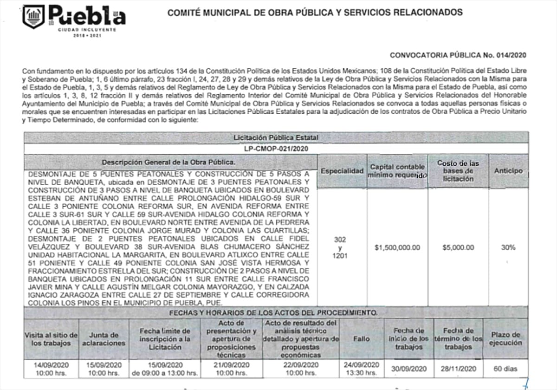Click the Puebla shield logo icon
click(x=34, y=17)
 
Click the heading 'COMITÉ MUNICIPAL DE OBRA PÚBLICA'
click(x=315, y=13)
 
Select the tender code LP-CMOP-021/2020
click(x=276, y=149)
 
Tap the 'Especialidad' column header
click(x=342, y=171)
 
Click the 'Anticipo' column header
click(x=508, y=171)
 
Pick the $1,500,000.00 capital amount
click(x=397, y=247)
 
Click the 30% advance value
click(x=508, y=247)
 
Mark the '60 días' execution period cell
click(x=505, y=369)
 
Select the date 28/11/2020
click(x=458, y=369)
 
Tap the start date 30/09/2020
click(x=408, y=369)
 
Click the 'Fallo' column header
click(x=362, y=339)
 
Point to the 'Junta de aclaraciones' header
click(x=104, y=339)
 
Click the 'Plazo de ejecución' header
click(x=505, y=339)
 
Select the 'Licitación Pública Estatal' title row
click(x=276, y=138)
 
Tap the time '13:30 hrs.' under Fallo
click(x=362, y=373)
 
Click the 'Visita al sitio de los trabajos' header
click(x=51, y=339)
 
